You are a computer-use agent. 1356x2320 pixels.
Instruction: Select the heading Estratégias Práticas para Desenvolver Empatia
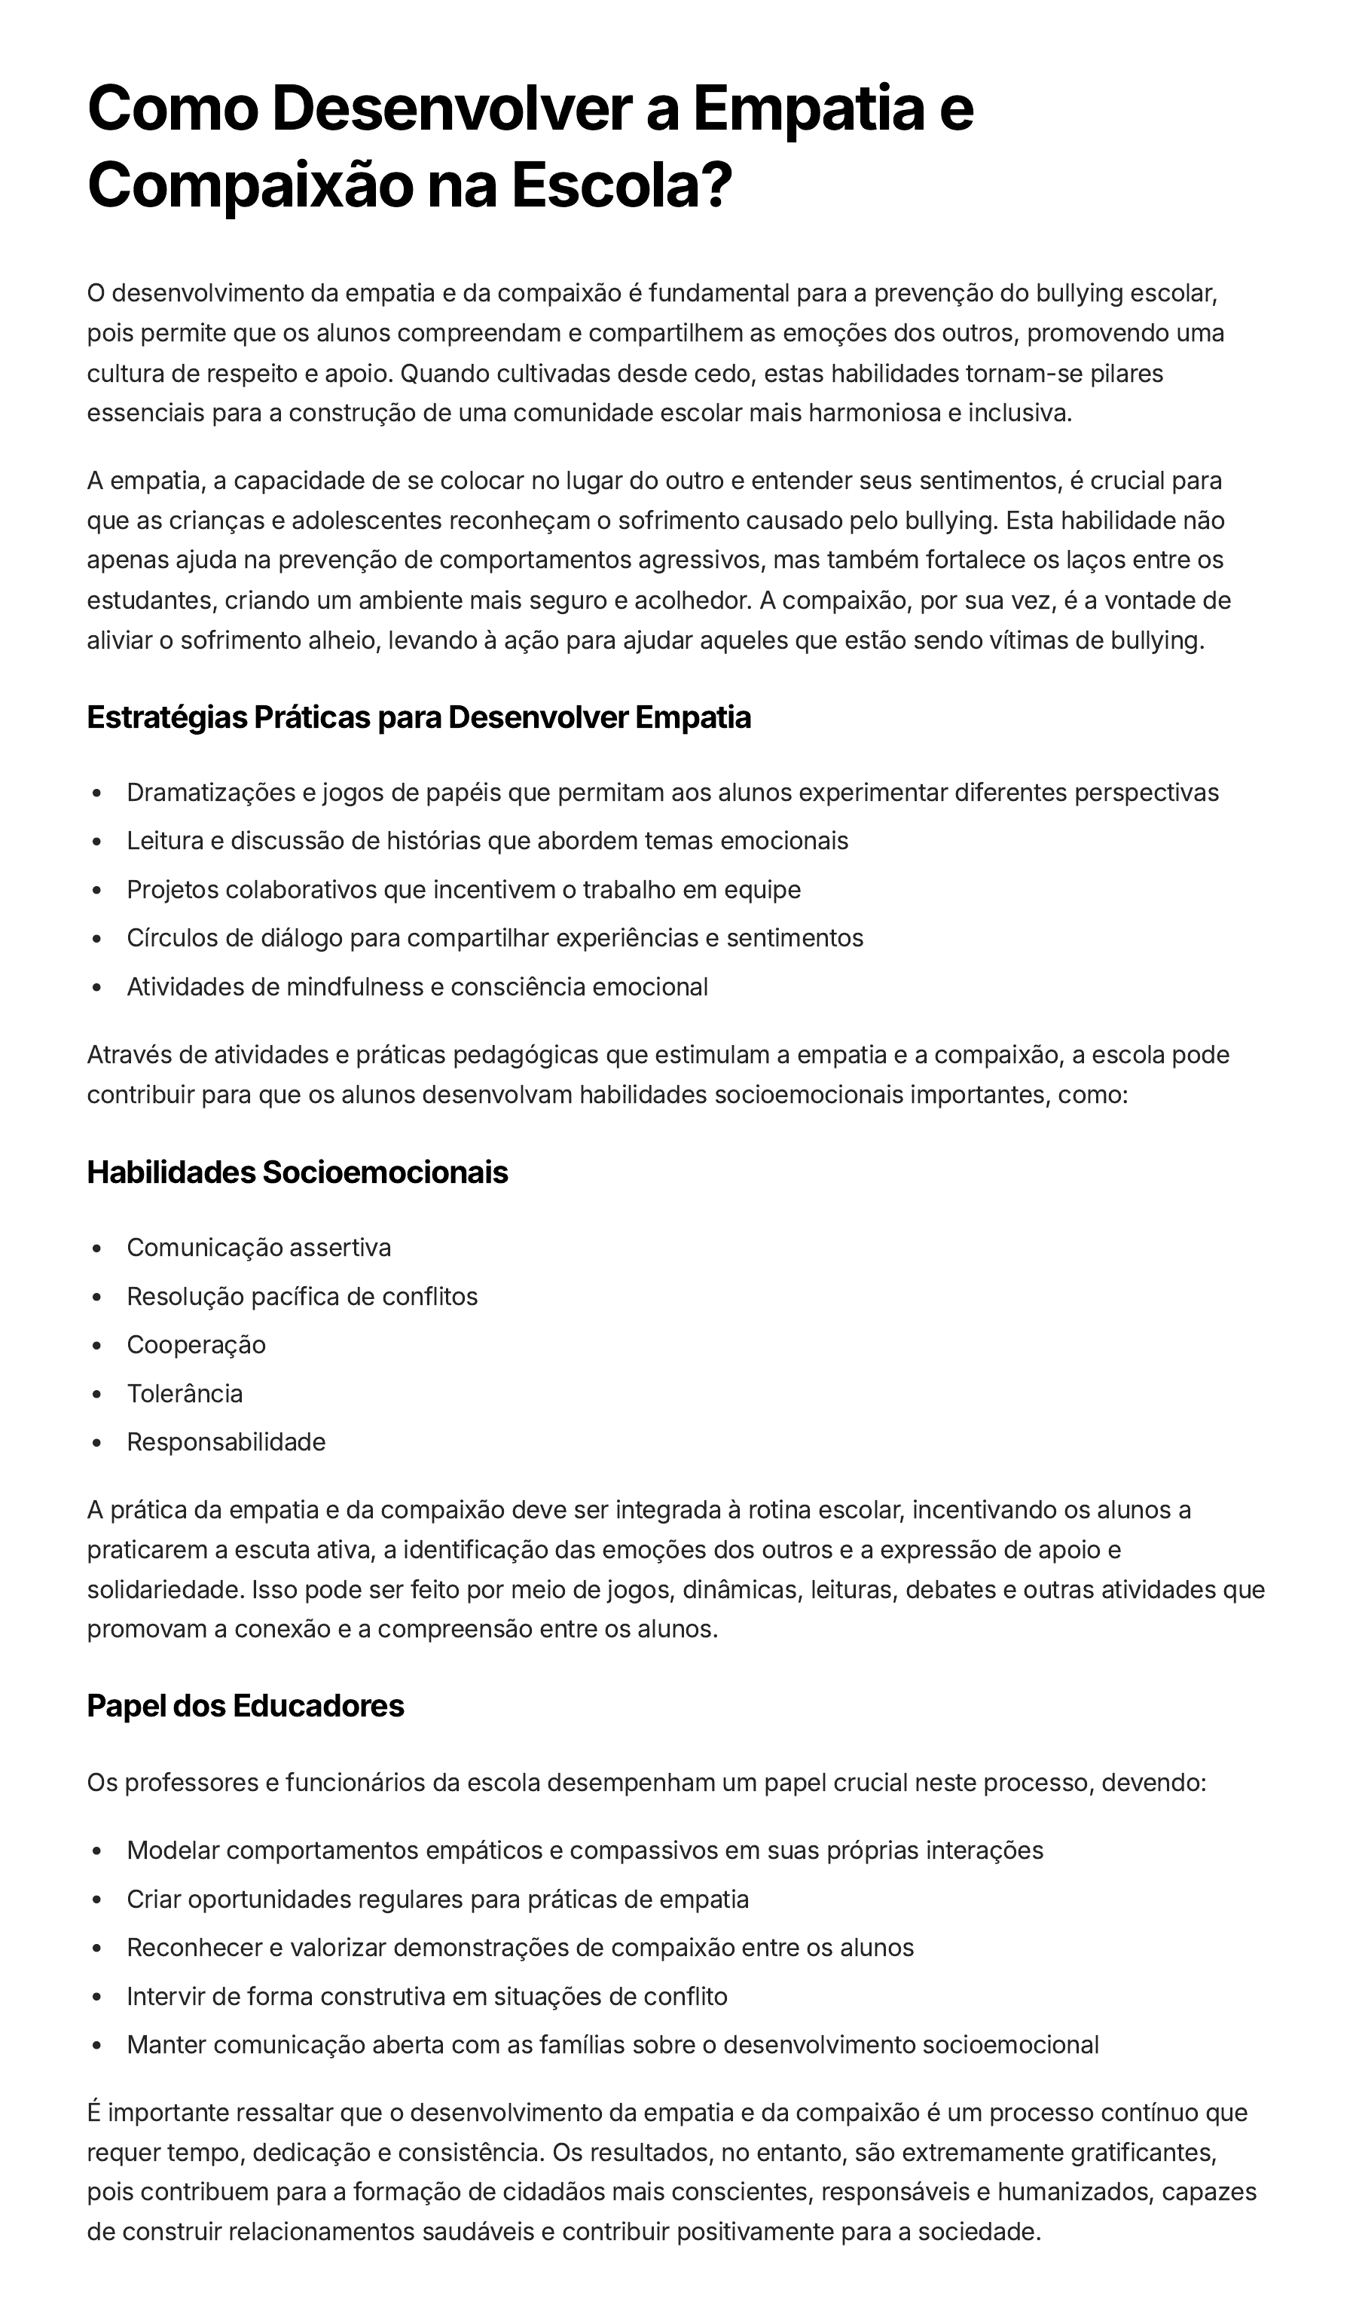[419, 717]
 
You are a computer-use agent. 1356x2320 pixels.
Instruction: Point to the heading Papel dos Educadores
[246, 1705]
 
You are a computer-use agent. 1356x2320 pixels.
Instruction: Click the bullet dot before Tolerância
[96, 1395]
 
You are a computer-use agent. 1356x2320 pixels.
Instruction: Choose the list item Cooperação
[196, 1344]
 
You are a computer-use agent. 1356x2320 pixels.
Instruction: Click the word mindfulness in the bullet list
[354, 987]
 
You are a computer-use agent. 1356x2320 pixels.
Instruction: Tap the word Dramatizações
[211, 793]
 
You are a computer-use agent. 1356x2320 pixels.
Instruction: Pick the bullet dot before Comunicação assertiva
[96, 1249]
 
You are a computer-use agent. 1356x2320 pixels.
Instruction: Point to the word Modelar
[173, 1851]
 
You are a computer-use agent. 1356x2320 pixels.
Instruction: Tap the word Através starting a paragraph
[130, 1054]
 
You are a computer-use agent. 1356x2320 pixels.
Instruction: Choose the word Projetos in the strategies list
[173, 889]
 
